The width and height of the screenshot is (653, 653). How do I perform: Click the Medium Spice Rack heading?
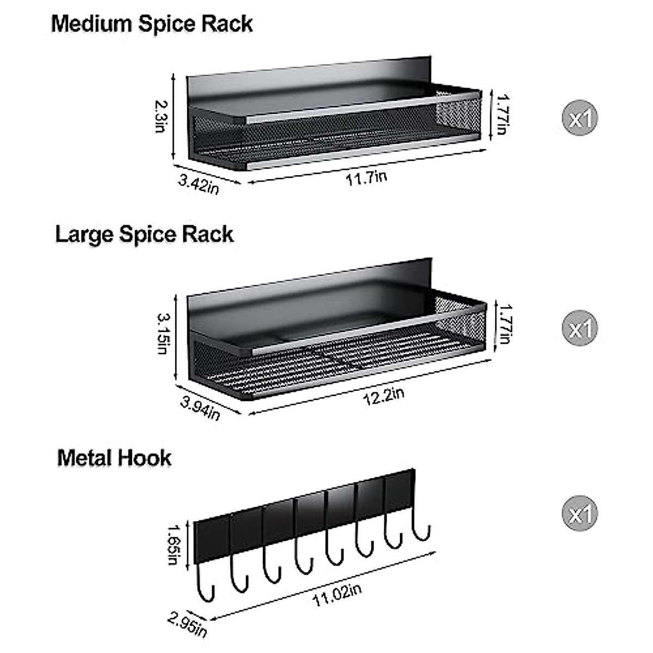[152, 24]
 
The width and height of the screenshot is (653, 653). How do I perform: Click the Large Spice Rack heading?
[144, 235]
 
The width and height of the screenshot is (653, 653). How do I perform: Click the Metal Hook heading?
[114, 458]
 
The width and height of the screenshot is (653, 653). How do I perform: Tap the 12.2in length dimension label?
[384, 394]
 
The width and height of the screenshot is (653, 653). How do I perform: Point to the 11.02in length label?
[337, 595]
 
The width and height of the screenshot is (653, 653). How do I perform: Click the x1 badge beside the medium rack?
[580, 118]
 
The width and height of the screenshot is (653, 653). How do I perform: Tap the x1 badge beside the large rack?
[580, 328]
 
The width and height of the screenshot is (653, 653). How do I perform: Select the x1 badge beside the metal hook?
[580, 514]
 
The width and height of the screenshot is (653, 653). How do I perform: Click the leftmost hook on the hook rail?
[205, 585]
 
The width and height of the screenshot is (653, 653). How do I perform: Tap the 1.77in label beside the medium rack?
[501, 114]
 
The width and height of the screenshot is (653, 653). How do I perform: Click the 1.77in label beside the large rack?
[504, 323]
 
